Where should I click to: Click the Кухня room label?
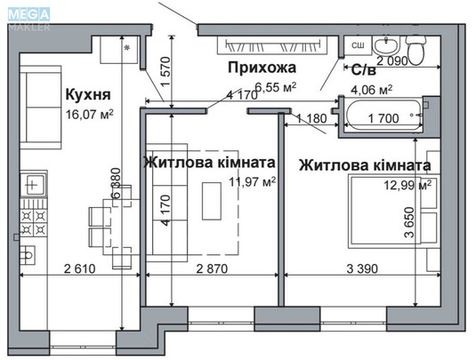point(87,93)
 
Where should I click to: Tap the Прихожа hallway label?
point(261,68)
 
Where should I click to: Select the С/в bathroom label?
point(363,69)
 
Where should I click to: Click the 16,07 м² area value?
point(90,115)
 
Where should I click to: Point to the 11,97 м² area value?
point(253,182)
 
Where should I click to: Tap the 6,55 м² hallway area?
point(275,87)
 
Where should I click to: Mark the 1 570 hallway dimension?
point(164,80)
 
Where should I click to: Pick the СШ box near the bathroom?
point(358,44)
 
